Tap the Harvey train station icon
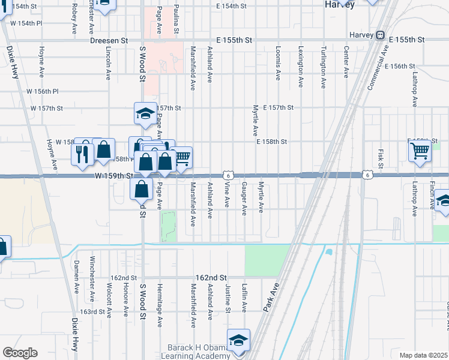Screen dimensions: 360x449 [x=380, y=35]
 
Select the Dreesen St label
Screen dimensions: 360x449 [x=109, y=40]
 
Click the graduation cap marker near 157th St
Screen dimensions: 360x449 [x=144, y=113]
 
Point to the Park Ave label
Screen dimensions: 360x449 [x=271, y=297]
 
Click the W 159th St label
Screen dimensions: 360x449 [x=113, y=176]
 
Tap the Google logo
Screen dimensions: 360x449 [x=20, y=353]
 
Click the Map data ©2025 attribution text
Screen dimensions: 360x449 [x=423, y=355]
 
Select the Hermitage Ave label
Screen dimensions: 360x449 [x=160, y=305]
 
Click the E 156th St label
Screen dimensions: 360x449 [x=400, y=66]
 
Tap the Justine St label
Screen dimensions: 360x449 [x=228, y=298]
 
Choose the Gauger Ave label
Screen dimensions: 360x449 [x=244, y=199]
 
